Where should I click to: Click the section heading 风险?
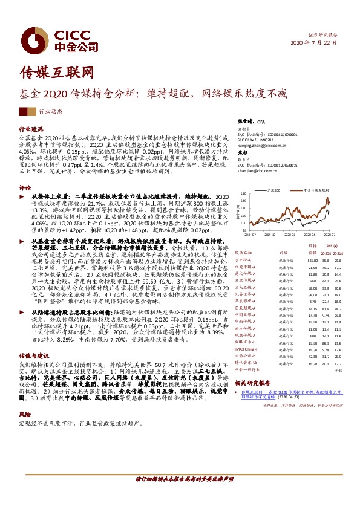click(x=25, y=415)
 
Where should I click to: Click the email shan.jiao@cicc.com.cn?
click(x=259, y=171)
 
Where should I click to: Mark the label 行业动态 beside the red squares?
click(x=51, y=112)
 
